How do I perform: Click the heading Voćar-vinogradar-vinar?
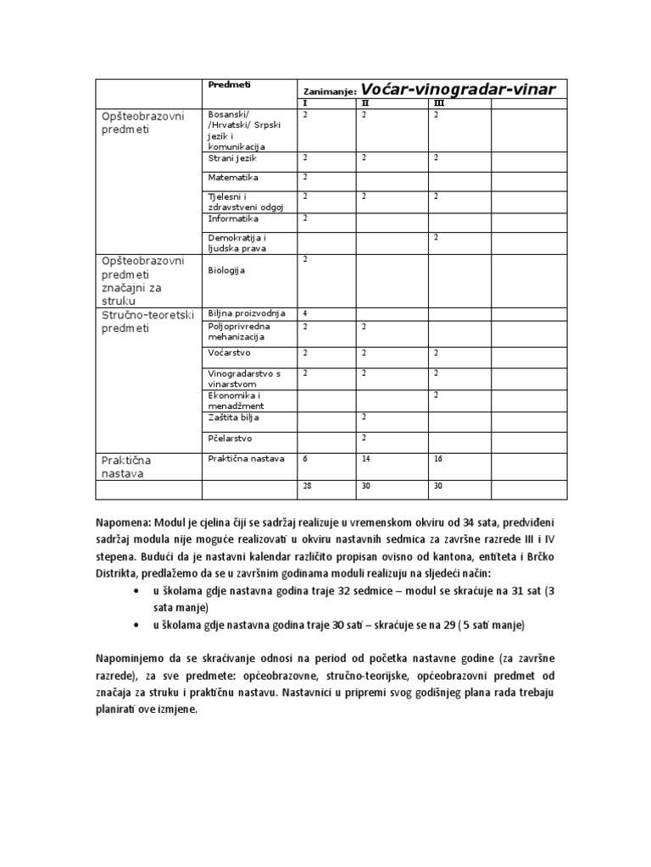pyautogui.click(x=458, y=90)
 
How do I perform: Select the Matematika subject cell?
pyautogui.click(x=233, y=178)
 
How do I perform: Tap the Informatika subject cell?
pyautogui.click(x=233, y=218)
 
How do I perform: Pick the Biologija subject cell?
pyautogui.click(x=226, y=271)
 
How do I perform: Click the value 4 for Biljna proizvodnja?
pyautogui.click(x=305, y=313)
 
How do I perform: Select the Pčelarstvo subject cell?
pyautogui.click(x=230, y=439)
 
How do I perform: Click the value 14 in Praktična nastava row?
pyautogui.click(x=365, y=458)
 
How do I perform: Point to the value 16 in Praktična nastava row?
pyautogui.click(x=438, y=458)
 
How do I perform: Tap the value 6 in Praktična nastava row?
pyautogui.click(x=305, y=458)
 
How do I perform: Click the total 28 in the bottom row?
pyautogui.click(x=307, y=487)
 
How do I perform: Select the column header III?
pyautogui.click(x=438, y=103)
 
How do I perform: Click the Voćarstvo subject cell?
pyautogui.click(x=230, y=351)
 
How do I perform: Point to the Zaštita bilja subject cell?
pyautogui.click(x=234, y=417)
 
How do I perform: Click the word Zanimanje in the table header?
pyautogui.click(x=331, y=91)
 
